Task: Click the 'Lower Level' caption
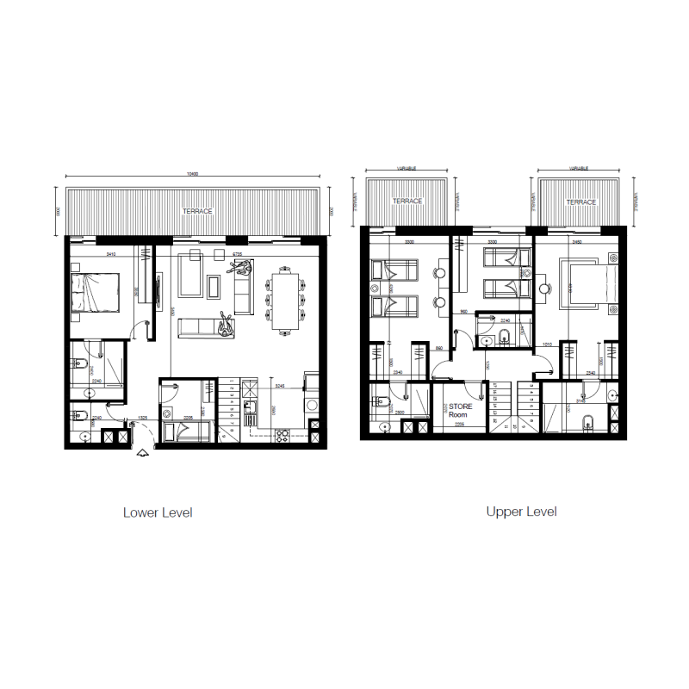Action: [x=158, y=512]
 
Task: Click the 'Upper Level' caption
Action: [x=521, y=512]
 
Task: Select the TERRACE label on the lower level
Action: [x=196, y=211]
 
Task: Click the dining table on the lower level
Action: [x=285, y=301]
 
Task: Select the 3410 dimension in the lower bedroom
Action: [x=110, y=255]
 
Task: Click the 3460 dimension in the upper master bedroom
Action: [x=576, y=244]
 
